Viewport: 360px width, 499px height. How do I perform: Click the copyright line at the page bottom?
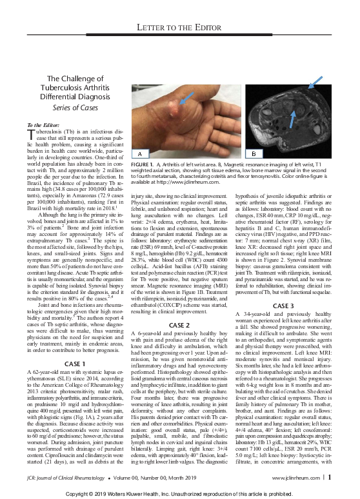(180, 493)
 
